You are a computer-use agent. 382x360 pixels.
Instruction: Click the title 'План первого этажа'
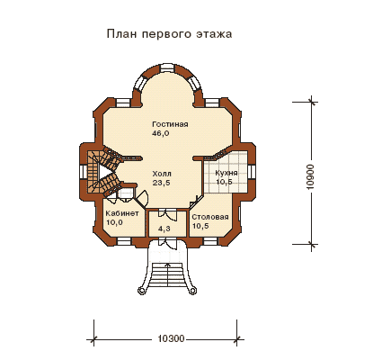coord(169,34)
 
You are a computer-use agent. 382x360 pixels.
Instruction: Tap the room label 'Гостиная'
coord(170,124)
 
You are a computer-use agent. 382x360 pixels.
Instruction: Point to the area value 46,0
coord(161,133)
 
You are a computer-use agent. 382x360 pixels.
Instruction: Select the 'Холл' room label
coord(162,174)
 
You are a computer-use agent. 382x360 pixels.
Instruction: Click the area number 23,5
coord(161,183)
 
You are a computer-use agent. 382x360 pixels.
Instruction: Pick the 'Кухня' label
coord(227,173)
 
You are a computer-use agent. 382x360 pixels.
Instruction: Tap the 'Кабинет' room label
coord(122,213)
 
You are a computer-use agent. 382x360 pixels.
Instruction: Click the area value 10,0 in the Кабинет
coord(114,222)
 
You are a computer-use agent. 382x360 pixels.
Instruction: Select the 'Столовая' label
coord(210,217)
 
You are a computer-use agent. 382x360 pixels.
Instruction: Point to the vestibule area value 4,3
coord(164,229)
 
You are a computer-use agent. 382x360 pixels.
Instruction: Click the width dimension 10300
coord(171,339)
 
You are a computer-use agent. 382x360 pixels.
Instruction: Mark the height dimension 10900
coord(310,176)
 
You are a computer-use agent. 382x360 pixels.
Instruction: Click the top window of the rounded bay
coord(167,67)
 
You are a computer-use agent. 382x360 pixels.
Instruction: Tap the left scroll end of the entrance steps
coord(141,291)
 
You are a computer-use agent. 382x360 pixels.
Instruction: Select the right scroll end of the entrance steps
coord(193,291)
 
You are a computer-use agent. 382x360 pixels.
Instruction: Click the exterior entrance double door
coord(167,242)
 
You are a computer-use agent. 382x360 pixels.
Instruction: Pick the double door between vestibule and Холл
coord(167,213)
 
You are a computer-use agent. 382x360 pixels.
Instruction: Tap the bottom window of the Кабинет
coord(124,242)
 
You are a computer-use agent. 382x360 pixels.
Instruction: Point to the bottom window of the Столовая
coord(211,242)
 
